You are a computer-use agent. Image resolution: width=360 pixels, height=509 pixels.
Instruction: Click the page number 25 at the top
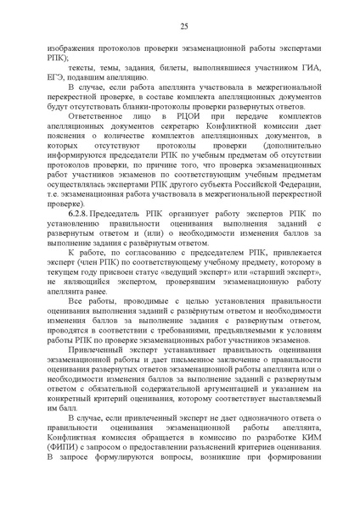(x=183, y=27)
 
